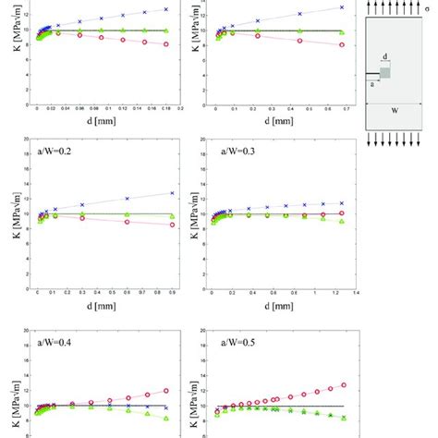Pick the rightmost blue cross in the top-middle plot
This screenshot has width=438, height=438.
[x=341, y=7]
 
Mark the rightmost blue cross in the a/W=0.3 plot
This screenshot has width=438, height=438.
[x=341, y=202]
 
